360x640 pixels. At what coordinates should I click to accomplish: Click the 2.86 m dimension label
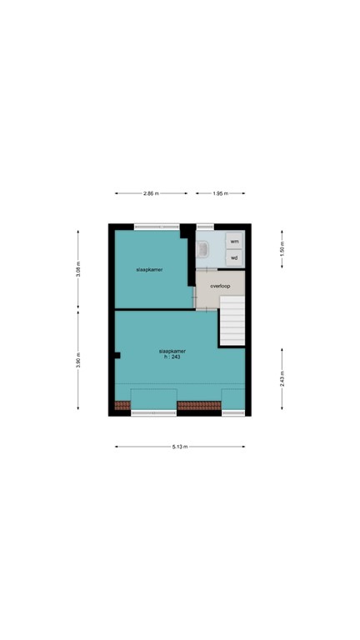click(151, 193)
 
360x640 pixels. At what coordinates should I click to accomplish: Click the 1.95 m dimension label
click(220, 193)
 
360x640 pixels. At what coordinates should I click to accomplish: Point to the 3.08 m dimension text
click(78, 269)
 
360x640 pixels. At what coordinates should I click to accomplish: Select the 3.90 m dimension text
click(78, 361)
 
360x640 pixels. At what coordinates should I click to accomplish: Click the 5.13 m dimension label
click(180, 447)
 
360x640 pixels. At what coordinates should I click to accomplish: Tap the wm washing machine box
click(234, 241)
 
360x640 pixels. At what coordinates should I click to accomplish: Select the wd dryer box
click(234, 257)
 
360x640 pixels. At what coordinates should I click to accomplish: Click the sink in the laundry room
click(204, 247)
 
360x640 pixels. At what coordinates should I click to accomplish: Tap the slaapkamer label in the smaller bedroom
click(149, 271)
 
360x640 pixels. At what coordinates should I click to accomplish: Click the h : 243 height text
click(172, 357)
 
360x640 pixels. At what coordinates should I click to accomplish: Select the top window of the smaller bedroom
click(156, 225)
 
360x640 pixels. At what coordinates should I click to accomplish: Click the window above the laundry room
click(205, 225)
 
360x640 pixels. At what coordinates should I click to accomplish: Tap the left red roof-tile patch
click(122, 407)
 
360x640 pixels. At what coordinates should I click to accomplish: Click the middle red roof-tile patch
click(198, 407)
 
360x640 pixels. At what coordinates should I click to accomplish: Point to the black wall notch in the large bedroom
click(118, 356)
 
